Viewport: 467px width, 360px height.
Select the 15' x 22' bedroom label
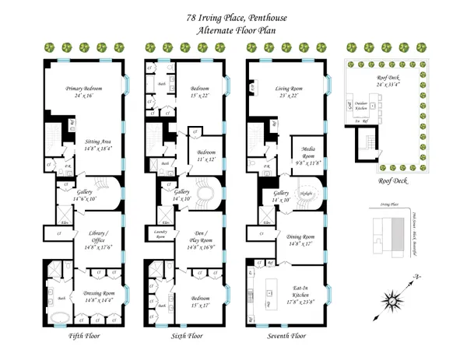[202, 93]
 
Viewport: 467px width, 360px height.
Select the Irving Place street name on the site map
[381, 204]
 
